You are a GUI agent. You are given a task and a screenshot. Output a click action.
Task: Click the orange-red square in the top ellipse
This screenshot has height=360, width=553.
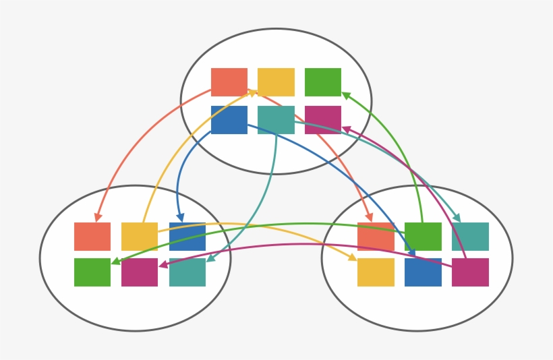[229, 82]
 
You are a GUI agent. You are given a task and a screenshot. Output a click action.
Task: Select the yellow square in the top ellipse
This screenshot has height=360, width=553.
[276, 82]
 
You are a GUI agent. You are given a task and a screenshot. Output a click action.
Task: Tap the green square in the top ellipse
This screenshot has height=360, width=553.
[323, 82]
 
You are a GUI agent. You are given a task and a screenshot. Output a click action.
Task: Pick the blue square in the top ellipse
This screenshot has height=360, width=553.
[229, 120]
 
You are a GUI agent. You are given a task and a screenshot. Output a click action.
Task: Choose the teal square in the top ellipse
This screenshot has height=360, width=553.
[276, 120]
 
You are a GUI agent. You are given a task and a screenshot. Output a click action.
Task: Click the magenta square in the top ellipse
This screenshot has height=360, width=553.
[323, 120]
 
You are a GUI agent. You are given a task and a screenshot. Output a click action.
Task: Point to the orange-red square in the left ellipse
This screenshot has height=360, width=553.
[92, 237]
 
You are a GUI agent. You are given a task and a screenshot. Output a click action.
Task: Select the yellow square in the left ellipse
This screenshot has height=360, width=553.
[140, 237]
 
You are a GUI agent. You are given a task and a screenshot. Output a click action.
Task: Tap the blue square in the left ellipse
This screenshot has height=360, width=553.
[187, 237]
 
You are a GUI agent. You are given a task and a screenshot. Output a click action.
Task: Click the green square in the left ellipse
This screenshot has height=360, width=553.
[92, 272]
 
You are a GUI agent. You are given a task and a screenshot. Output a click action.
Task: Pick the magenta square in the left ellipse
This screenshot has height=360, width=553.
[140, 272]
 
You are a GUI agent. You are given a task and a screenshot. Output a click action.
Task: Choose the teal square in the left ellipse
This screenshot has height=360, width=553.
[187, 272]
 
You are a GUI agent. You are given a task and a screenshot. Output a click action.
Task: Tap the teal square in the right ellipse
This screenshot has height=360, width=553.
[470, 237]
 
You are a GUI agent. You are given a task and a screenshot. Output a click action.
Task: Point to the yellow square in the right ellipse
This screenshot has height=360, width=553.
[376, 272]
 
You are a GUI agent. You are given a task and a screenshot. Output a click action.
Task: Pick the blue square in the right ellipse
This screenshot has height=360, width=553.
[423, 272]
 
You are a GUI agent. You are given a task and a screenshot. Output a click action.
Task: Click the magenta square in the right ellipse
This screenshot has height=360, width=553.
[470, 272]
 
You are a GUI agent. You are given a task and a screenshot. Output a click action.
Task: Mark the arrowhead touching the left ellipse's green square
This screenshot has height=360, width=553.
[115, 262]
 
